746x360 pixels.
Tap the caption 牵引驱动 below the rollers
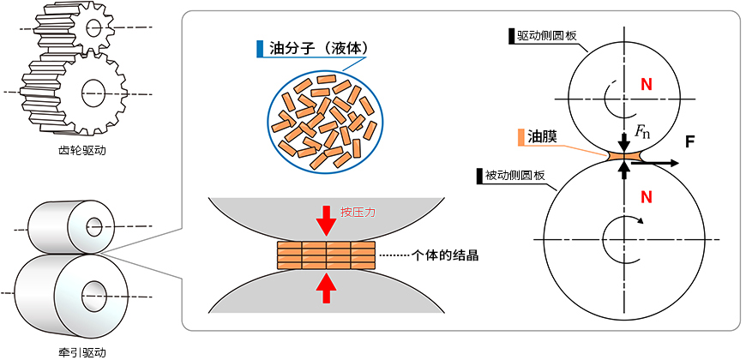tap(78, 351)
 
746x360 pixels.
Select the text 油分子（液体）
tap(318, 48)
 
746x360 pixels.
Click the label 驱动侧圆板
tap(548, 37)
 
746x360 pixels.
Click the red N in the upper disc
tap(647, 85)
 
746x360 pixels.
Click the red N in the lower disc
tap(647, 197)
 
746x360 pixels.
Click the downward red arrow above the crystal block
tap(326, 223)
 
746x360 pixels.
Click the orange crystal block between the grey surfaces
tap(326, 255)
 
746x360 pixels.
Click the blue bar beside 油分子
tap(260, 48)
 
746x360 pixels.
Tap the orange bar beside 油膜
tap(520, 136)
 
